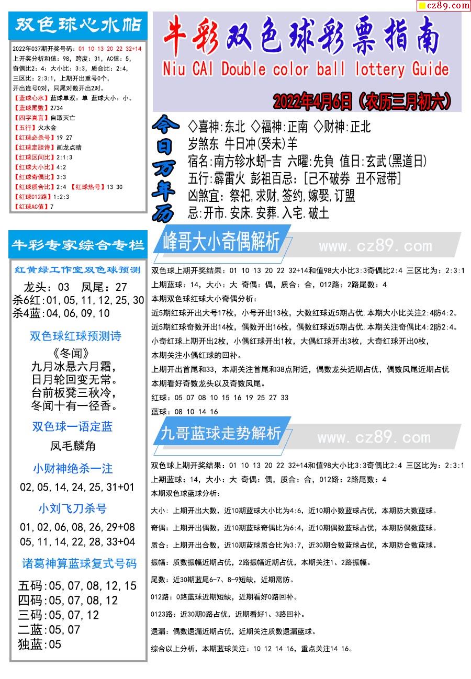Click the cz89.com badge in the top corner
[x=443, y=6]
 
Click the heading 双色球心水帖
[x=78, y=25]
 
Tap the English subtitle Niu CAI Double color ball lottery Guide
[x=306, y=69]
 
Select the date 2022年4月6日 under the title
[x=312, y=101]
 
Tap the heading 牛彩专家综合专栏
[x=78, y=245]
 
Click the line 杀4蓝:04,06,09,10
[x=61, y=313]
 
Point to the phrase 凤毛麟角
[x=73, y=446]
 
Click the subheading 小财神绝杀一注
[x=73, y=468]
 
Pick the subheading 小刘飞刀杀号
[x=73, y=508]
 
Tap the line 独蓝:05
[x=40, y=644]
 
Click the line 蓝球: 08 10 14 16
[x=185, y=412]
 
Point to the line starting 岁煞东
[x=242, y=143]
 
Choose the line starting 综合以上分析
[x=251, y=649]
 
